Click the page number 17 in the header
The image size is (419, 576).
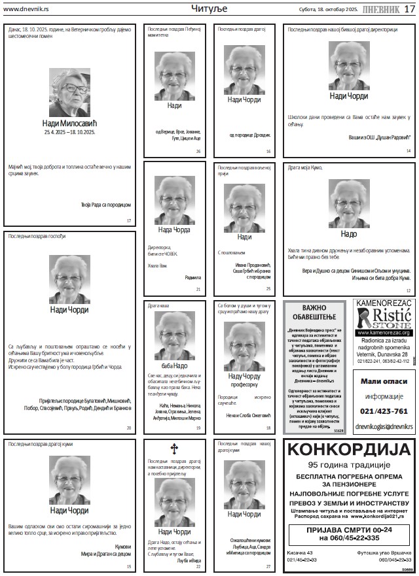pyautogui.click(x=409, y=8)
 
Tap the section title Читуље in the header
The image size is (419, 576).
pyautogui.click(x=209, y=8)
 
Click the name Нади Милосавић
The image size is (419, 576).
pyautogui.click(x=69, y=122)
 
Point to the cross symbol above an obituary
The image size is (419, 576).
pyautogui.click(x=173, y=449)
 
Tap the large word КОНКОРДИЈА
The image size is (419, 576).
pyautogui.click(x=350, y=450)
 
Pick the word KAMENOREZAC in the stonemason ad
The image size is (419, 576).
pyautogui.click(x=384, y=303)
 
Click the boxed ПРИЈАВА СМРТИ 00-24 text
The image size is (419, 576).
pyautogui.click(x=349, y=534)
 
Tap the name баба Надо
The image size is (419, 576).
pyautogui.click(x=173, y=365)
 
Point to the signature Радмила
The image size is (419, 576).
pyautogui.click(x=193, y=277)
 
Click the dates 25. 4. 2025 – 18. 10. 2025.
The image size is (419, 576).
pyautogui.click(x=69, y=132)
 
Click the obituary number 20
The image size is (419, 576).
pyautogui.click(x=129, y=428)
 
